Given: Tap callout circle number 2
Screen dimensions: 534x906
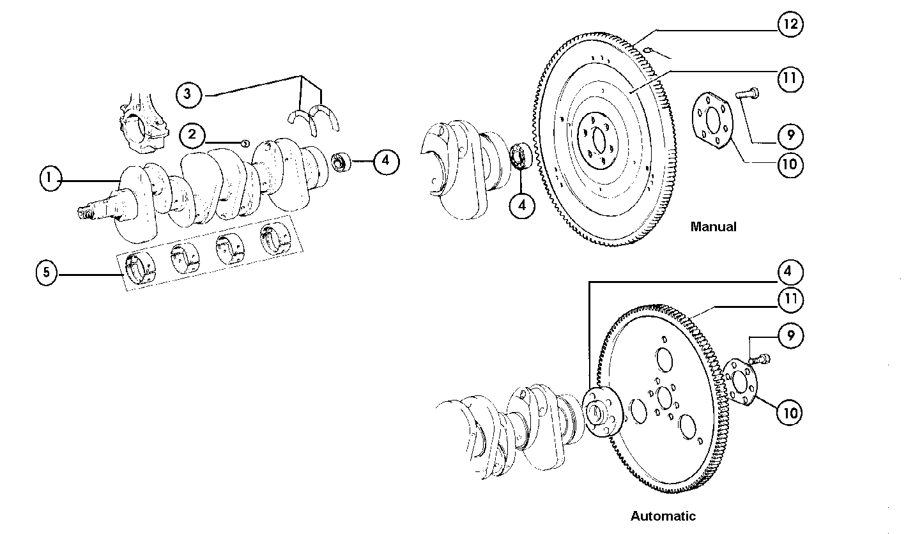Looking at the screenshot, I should click(192, 135).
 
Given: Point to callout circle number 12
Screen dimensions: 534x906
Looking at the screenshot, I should click(790, 25).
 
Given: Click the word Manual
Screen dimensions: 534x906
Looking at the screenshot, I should click(713, 227).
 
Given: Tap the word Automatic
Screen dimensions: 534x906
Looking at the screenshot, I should click(663, 516).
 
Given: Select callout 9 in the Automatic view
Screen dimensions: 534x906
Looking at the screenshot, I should click(790, 336).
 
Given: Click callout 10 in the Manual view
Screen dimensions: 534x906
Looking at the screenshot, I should click(790, 164).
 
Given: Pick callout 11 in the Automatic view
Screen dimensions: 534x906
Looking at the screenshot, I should click(790, 299).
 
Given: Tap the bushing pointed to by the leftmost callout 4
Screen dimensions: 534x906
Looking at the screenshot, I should click(342, 162).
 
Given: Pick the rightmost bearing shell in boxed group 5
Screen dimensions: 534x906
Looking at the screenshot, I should click(274, 238).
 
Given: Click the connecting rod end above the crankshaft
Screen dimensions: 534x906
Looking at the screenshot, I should click(142, 125).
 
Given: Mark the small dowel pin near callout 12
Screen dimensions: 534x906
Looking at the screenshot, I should click(647, 49).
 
